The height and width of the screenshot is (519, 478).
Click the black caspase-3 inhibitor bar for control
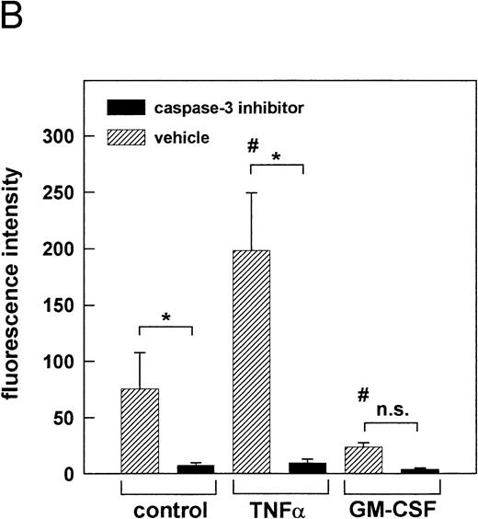coord(195,468)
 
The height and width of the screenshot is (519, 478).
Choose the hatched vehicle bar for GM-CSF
coord(363,460)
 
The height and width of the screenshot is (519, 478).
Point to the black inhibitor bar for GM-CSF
coord(418,470)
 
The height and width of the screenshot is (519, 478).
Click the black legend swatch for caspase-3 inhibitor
coord(126,107)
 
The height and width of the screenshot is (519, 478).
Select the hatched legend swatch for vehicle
coord(126,136)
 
